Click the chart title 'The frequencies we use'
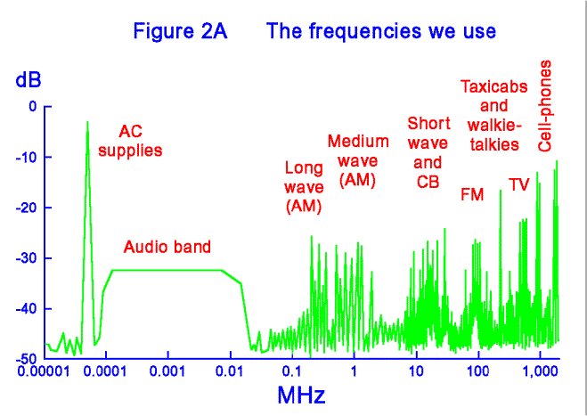382,31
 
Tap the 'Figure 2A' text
181,31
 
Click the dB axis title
28,81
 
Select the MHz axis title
301,395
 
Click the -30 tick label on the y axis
26,258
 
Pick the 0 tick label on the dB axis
33,107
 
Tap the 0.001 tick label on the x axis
168,371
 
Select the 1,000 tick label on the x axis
540,371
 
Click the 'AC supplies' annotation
130,142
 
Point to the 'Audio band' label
167,247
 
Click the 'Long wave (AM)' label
304,188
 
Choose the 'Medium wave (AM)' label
358,160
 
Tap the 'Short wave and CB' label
428,152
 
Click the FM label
472,195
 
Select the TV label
519,184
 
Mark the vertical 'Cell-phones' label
545,106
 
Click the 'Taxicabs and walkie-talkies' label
493,115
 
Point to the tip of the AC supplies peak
87,122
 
